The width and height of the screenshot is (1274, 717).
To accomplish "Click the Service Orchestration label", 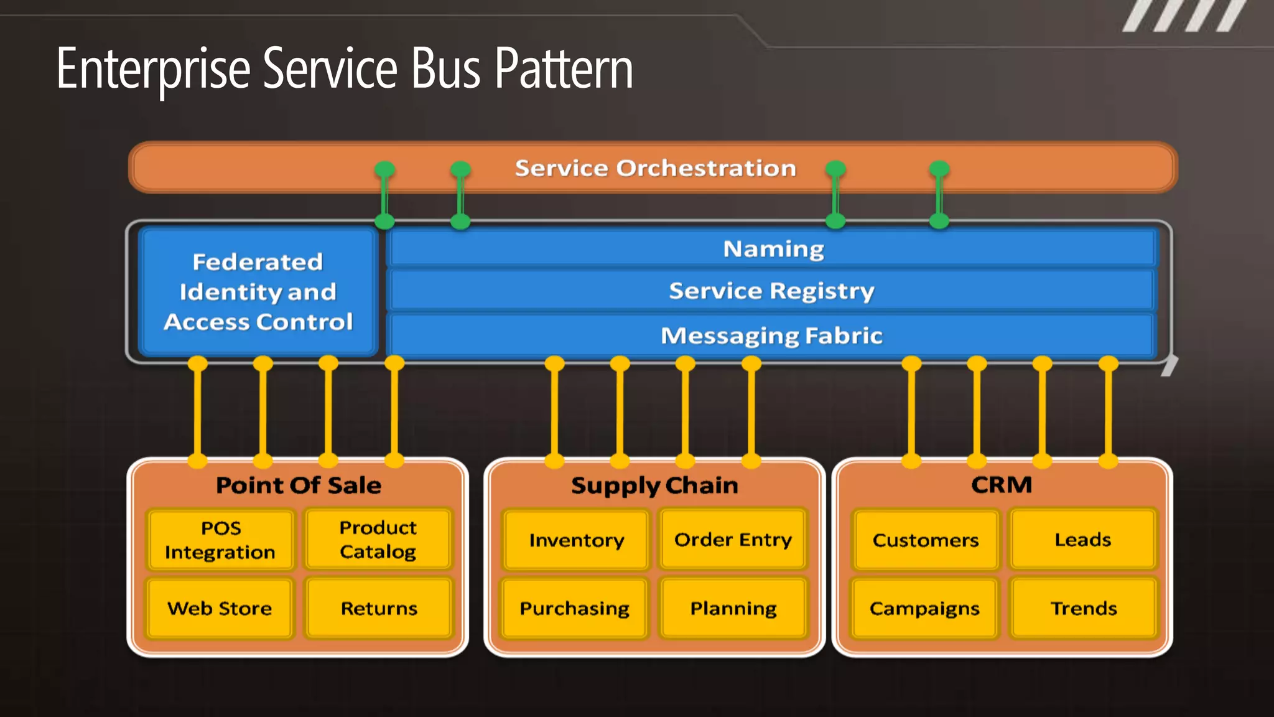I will pos(655,168).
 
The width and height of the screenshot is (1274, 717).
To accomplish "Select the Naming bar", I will pos(773,249).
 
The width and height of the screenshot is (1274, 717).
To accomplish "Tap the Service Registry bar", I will pos(771,291).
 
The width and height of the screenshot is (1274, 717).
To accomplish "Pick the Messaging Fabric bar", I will pos(771,335).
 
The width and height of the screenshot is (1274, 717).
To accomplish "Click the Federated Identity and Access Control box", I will pos(258,291).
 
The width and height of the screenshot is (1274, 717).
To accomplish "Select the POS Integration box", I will pos(220,540).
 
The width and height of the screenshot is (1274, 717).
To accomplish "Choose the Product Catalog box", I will pos(378,539).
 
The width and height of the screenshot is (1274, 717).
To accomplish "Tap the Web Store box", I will pos(220,608).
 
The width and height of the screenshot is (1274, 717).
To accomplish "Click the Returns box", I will pos(379,608).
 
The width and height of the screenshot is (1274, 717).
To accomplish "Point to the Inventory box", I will pos(576,540).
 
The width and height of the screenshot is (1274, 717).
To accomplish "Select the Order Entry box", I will pos(733,539).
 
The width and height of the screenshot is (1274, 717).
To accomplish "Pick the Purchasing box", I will pos(574,608).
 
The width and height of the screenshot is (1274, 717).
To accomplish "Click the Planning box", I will pos(733,608).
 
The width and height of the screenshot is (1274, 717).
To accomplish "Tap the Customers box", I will pos(925,540).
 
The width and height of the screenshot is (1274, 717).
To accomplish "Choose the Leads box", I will pos(1082,539).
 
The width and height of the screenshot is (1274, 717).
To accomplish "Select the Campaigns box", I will pos(924,608).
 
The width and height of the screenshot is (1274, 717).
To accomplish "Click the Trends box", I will pos(1084,608).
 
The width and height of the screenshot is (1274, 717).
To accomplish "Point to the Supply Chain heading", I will pos(654,485).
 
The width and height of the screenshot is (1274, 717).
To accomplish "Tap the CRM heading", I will pos(1002,484).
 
